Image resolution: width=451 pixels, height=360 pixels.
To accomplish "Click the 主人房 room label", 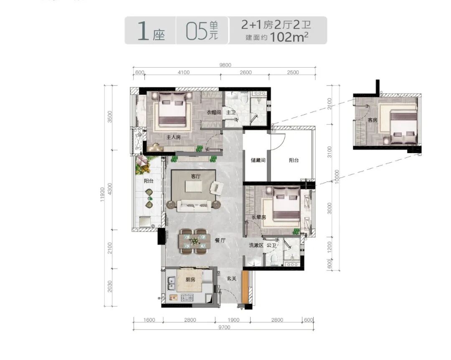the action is (x=173, y=137).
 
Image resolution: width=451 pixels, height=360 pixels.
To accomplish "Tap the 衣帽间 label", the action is (x=214, y=112).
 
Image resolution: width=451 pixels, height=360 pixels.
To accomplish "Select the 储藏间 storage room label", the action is (x=258, y=160).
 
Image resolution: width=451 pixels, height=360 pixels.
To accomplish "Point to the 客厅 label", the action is (x=195, y=176).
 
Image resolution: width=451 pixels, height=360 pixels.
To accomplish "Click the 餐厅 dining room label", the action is (x=220, y=240).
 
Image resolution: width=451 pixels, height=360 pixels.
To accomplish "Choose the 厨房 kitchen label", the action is (x=190, y=279).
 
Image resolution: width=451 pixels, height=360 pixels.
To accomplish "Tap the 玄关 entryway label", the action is (x=231, y=278).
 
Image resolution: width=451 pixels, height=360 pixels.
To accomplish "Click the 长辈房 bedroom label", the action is (x=259, y=217).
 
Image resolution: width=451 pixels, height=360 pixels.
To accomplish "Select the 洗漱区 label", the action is (x=256, y=245).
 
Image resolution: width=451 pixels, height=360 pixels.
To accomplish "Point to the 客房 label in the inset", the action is (x=372, y=120).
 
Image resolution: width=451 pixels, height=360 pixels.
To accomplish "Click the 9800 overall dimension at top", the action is (x=225, y=65).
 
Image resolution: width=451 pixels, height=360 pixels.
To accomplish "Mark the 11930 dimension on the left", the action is (x=102, y=194).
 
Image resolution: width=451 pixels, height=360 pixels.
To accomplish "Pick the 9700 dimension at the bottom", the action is (x=224, y=327).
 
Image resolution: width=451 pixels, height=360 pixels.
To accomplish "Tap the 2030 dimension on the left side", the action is (x=109, y=286).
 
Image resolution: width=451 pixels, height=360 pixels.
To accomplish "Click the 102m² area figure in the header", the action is (x=289, y=37).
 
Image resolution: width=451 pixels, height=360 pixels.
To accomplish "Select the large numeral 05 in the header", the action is (x=196, y=31).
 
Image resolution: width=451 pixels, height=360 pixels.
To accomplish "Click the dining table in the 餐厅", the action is (x=194, y=241).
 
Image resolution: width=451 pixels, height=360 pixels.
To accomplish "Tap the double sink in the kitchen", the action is (x=172, y=283).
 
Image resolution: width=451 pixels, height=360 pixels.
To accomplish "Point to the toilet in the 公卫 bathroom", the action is (x=274, y=259).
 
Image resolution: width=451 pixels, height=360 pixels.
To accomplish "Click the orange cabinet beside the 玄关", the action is (x=245, y=287).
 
